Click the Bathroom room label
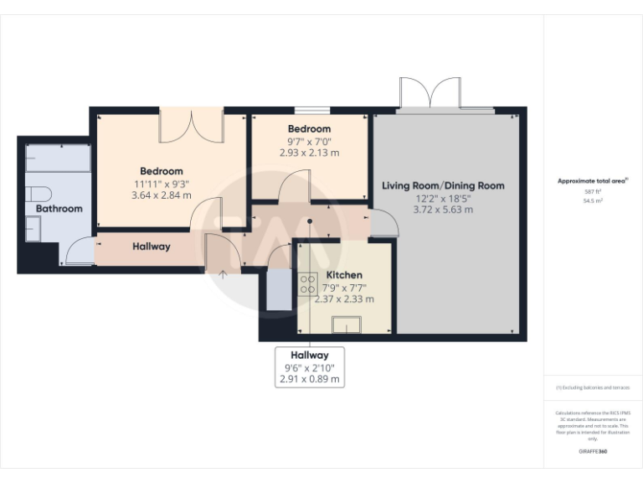pyautogui.click(x=59, y=208)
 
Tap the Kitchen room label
pyautogui.click(x=344, y=275)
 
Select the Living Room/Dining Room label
pyautogui.click(x=443, y=185)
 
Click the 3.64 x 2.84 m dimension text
pyautogui.click(x=162, y=195)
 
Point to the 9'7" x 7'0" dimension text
pyautogui.click(x=309, y=141)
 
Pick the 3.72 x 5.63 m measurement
pyautogui.click(x=443, y=210)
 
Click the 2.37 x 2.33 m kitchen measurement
pyautogui.click(x=344, y=299)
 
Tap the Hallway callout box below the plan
pyautogui.click(x=310, y=367)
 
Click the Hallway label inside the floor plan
pyautogui.click(x=152, y=247)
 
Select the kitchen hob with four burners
pyautogui.click(x=307, y=284)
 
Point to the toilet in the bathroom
pyautogui.click(x=36, y=194)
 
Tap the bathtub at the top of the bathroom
pyautogui.click(x=58, y=157)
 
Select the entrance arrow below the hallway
pyautogui.click(x=223, y=272)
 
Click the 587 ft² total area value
pyautogui.click(x=592, y=192)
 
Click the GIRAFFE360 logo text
pyautogui.click(x=592, y=452)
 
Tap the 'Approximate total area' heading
pyautogui.click(x=591, y=181)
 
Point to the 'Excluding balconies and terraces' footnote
pyautogui.click(x=593, y=387)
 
